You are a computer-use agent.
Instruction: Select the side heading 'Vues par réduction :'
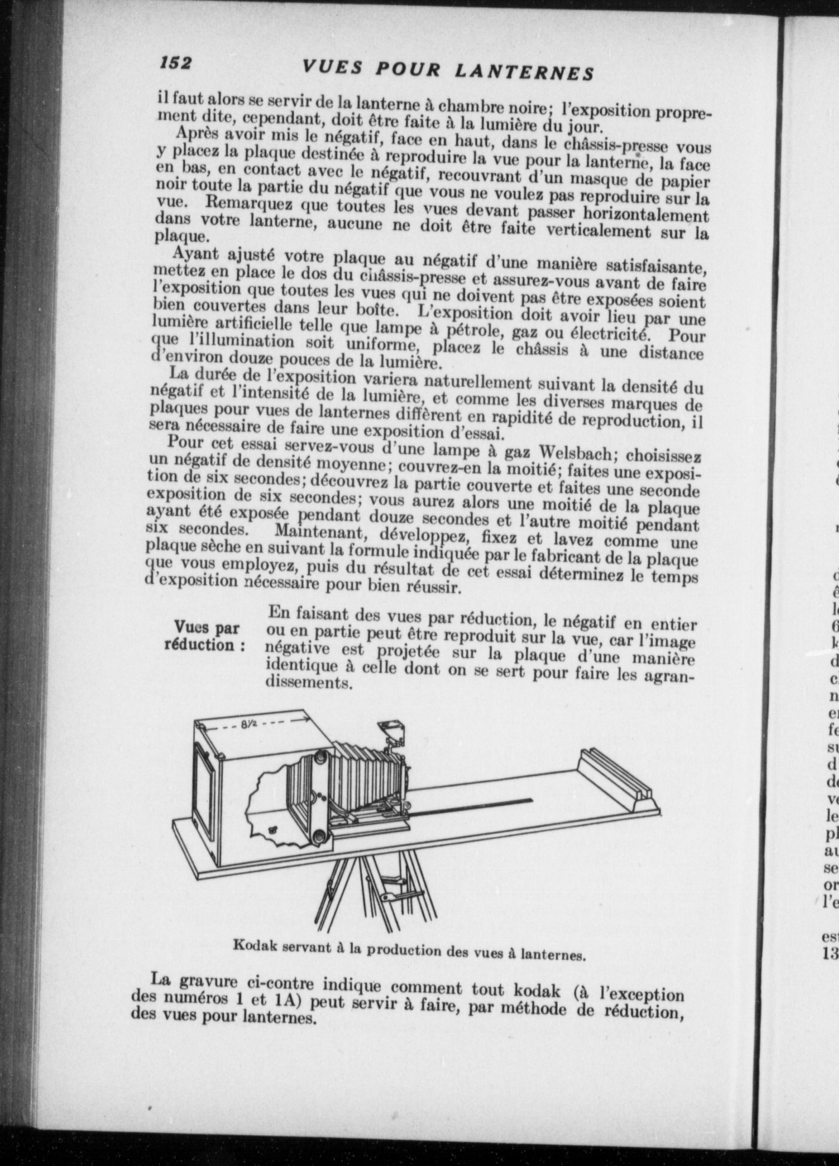[205, 636]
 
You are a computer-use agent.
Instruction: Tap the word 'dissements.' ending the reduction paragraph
[310, 683]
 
